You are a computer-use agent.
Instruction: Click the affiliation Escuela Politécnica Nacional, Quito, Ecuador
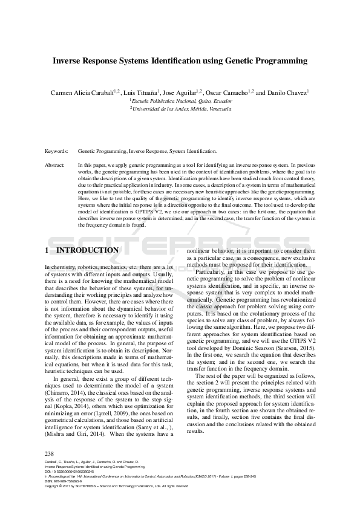point(180,101)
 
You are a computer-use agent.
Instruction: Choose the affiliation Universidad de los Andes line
point(181,109)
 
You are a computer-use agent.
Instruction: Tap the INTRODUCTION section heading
point(87,250)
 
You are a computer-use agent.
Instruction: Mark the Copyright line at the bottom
point(115,486)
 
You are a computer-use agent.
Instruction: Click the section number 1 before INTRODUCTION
point(47,250)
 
